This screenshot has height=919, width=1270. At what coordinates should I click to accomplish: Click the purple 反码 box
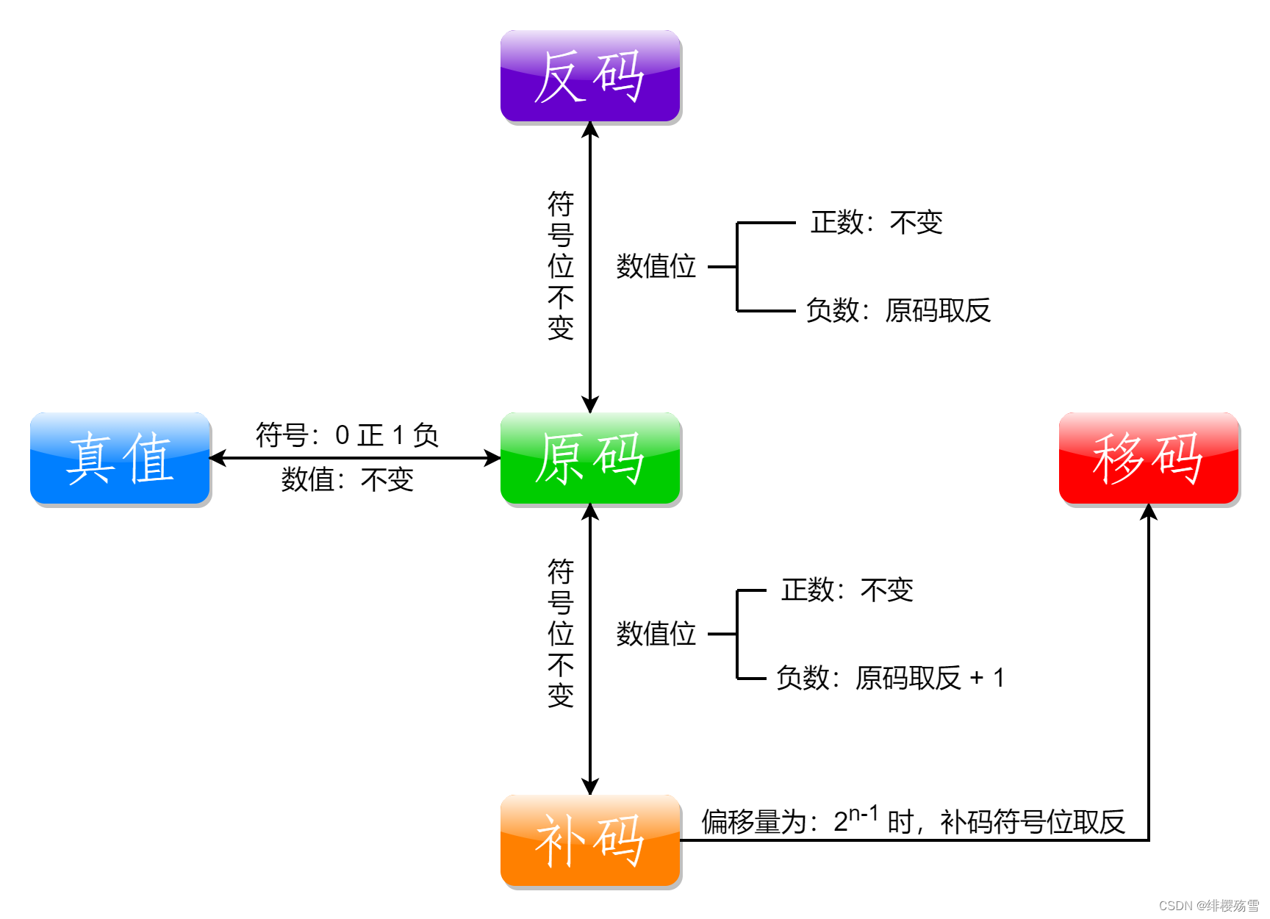(x=590, y=76)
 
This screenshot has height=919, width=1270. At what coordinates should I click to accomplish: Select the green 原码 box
(x=590, y=458)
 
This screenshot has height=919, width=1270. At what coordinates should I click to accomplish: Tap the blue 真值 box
(x=121, y=458)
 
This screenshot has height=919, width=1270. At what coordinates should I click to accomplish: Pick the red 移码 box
(x=1149, y=458)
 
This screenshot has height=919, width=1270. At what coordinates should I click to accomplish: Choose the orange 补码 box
(x=590, y=840)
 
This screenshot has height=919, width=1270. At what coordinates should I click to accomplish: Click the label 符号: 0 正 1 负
(x=347, y=435)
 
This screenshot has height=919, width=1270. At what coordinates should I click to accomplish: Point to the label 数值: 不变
(x=347, y=480)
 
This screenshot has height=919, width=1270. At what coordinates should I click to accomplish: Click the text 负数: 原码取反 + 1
(x=890, y=678)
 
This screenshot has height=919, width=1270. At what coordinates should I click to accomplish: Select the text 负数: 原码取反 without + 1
(x=898, y=310)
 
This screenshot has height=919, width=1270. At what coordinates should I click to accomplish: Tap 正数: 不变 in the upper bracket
(x=876, y=222)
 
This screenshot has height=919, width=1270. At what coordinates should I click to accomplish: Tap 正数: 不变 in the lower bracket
(x=847, y=590)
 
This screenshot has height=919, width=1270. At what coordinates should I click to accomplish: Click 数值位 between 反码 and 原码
(x=656, y=266)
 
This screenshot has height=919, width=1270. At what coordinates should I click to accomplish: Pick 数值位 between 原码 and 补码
(x=656, y=634)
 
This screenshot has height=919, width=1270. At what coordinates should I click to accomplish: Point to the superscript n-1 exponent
(x=864, y=813)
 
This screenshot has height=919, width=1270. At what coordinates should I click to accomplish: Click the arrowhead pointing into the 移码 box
(x=1149, y=512)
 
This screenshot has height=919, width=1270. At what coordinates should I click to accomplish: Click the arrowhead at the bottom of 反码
(x=590, y=130)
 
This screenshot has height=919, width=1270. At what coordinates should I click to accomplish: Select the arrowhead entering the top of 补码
(x=590, y=787)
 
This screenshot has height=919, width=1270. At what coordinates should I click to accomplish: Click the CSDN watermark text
(x=1208, y=905)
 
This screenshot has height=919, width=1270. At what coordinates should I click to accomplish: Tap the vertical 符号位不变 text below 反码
(x=560, y=266)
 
